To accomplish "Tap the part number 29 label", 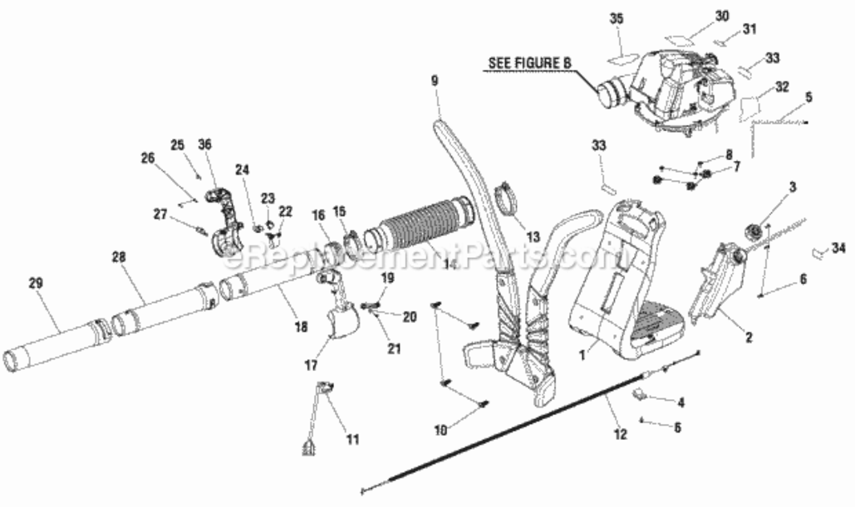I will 36,283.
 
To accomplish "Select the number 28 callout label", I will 119,257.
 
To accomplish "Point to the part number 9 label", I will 434,80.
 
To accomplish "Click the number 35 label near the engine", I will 616,18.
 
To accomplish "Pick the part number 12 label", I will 620,434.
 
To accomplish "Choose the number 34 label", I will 839,248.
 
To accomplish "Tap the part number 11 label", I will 352,439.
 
